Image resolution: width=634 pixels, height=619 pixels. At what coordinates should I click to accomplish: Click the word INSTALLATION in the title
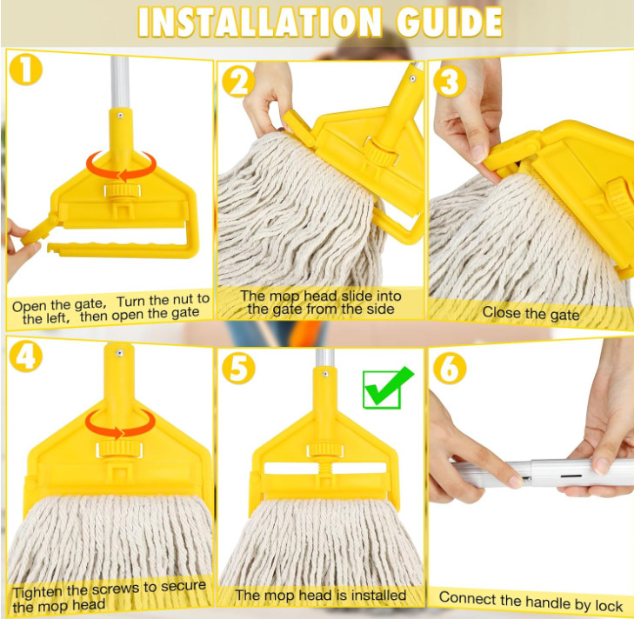[x=260, y=22]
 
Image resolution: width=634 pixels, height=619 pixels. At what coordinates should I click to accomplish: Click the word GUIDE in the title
[x=450, y=22]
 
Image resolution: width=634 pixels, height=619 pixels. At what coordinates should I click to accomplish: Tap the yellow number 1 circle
[x=25, y=70]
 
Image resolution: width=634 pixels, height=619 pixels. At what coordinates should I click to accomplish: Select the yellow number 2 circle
[x=238, y=81]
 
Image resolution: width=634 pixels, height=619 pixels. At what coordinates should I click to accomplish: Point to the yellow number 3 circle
[x=450, y=81]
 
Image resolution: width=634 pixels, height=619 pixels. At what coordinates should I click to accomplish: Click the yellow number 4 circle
[x=25, y=356]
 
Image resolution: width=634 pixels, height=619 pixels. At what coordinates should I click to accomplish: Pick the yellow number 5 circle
[x=238, y=368]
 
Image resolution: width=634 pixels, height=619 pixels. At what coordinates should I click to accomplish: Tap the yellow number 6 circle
[x=450, y=368]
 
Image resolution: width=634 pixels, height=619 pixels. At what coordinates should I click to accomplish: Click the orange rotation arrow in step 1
[x=121, y=175]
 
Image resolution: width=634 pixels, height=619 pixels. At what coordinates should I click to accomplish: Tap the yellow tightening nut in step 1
[x=122, y=190]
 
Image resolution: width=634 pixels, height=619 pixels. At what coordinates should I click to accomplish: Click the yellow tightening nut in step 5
[x=325, y=450]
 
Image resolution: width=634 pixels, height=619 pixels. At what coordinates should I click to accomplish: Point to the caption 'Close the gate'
[x=531, y=313]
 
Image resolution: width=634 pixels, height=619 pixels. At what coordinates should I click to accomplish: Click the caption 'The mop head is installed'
[x=321, y=596]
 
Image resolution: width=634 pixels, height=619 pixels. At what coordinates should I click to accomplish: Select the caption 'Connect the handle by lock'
[x=531, y=602]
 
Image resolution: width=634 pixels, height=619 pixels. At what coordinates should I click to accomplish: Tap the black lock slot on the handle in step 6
[x=571, y=476]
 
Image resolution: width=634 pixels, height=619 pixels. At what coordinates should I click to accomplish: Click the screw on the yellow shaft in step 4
[x=119, y=353]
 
